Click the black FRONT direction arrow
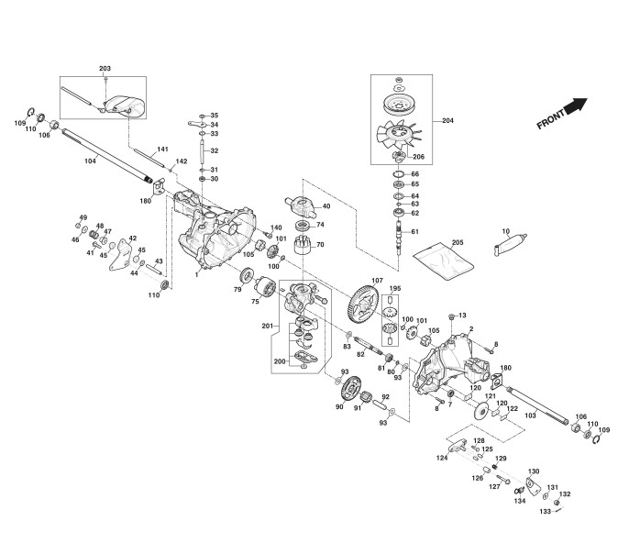point(575,107)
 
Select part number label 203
point(105,70)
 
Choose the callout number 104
point(90,161)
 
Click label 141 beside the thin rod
point(162,150)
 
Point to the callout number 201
point(268,327)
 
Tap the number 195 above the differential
point(395,289)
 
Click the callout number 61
point(414,231)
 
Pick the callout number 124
point(442,457)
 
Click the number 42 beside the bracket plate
point(132,238)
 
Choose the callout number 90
point(338,406)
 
